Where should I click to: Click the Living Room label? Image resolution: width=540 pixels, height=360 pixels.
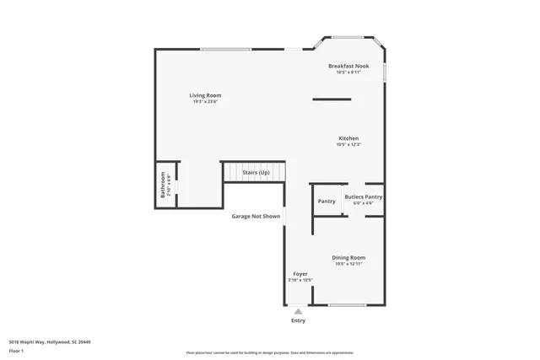point(204,95)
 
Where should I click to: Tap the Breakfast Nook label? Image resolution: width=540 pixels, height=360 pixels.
point(348,66)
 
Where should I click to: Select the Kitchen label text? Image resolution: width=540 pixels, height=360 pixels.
point(348,138)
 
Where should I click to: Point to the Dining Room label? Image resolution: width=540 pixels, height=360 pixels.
point(348,257)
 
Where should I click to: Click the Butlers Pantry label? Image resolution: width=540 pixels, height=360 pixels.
point(363,196)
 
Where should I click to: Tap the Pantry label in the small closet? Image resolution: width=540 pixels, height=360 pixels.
point(327,201)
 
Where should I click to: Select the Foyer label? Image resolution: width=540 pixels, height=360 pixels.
point(300,274)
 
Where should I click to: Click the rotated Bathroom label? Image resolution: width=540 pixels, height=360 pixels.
point(164,185)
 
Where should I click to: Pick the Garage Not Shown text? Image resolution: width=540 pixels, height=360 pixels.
point(256,217)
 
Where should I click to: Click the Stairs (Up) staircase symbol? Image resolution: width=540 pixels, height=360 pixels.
point(255,172)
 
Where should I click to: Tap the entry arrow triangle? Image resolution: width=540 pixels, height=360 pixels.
point(298,311)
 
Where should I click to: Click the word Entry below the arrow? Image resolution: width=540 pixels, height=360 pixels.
point(298,320)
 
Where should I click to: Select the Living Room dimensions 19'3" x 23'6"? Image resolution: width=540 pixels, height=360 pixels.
point(204,102)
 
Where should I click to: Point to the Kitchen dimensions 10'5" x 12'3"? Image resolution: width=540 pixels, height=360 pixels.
point(348,145)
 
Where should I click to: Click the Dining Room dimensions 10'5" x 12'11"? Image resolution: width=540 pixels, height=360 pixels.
point(348,264)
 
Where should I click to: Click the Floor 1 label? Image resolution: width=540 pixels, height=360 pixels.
point(16,351)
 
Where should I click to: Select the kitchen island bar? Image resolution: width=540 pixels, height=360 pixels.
point(331,99)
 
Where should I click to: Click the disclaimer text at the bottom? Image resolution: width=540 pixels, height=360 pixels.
point(281,352)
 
